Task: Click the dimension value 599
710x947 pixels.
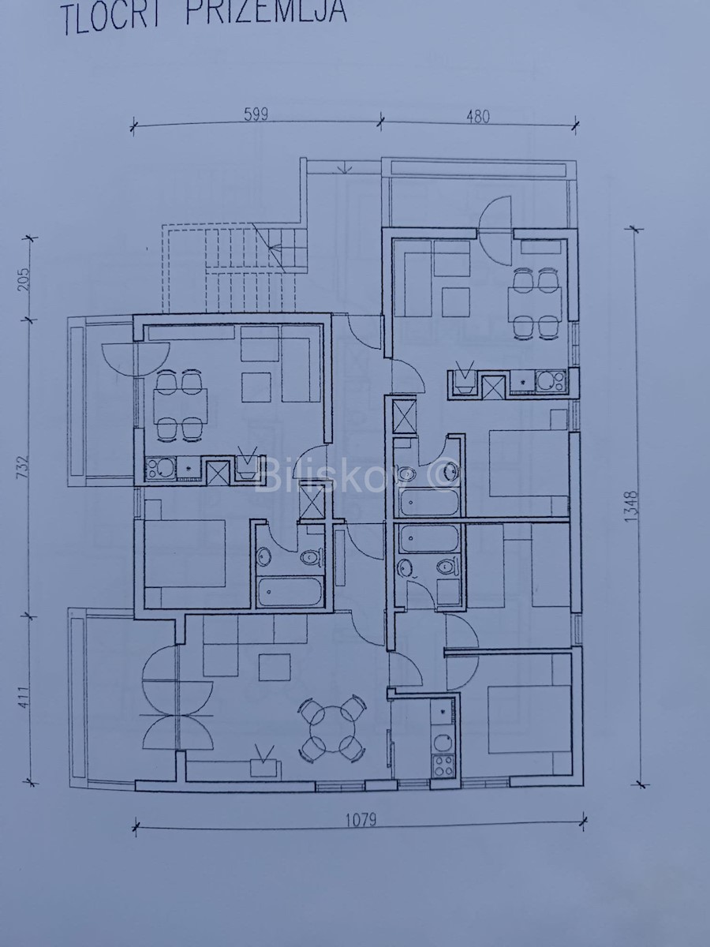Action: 256,114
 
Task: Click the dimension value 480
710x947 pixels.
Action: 477,117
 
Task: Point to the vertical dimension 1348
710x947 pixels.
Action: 632,507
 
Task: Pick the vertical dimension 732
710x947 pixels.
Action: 24,466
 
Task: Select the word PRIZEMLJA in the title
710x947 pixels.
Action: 266,12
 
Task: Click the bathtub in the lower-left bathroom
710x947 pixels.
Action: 290,593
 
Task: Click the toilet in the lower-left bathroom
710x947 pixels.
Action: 310,558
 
